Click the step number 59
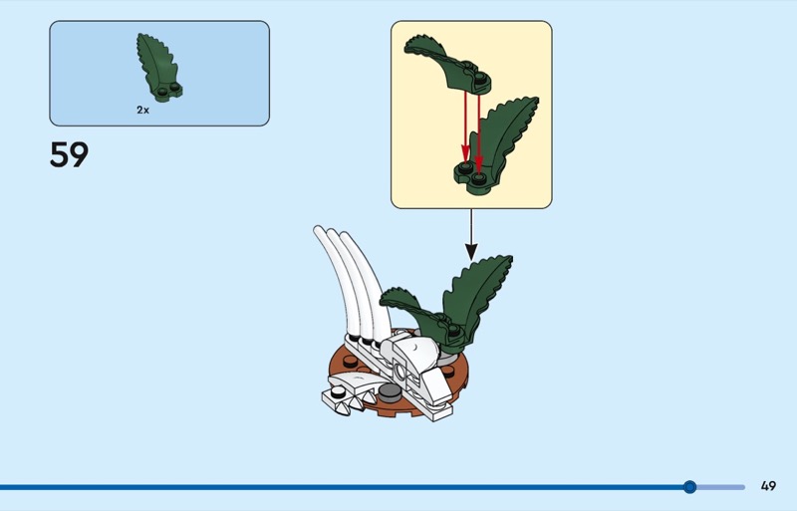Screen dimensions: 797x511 [x=69, y=154]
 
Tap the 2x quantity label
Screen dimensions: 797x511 [x=142, y=110]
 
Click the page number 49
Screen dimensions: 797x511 [x=768, y=486]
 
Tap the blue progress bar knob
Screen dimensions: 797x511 [x=689, y=487]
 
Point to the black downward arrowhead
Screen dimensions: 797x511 [x=471, y=252]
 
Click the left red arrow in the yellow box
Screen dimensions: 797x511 [x=465, y=128]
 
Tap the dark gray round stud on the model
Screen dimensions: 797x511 [x=390, y=390]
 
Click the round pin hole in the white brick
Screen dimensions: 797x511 [x=400, y=372]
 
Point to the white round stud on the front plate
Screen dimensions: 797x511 [x=337, y=392]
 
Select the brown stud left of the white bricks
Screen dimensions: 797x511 [x=351, y=362]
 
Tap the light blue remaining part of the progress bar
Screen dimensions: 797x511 [x=720, y=487]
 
